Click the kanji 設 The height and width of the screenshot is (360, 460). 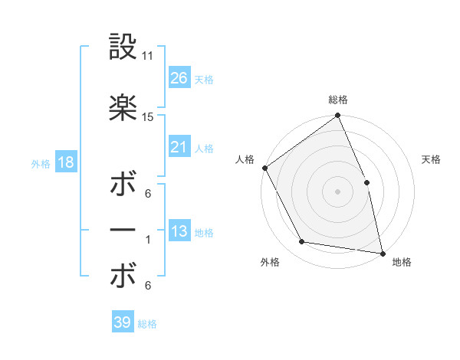click(x=123, y=47)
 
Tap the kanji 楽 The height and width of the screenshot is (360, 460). click(x=123, y=108)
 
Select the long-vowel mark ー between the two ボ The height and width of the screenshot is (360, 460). click(x=123, y=230)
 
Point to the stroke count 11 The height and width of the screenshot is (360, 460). click(x=148, y=57)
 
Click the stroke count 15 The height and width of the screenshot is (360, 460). click(x=148, y=117)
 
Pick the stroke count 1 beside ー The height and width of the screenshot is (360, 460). click(x=148, y=240)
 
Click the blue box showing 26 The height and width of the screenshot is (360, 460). click(x=179, y=77)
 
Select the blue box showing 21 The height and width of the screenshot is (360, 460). click(x=179, y=147)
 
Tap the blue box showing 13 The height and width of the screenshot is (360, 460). click(x=179, y=231)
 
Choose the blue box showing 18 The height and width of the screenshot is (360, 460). click(x=65, y=162)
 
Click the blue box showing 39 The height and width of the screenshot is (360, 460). click(x=122, y=322)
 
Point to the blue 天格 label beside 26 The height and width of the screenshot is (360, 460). click(x=204, y=79)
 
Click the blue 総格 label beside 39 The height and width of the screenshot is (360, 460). click(x=147, y=324)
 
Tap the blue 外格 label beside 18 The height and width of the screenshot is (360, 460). click(x=41, y=163)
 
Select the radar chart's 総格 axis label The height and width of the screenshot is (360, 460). click(x=338, y=100)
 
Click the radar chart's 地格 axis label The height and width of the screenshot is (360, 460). click(x=402, y=263)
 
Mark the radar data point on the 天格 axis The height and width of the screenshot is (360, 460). click(x=366, y=182)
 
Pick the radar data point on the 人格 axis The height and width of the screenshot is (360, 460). click(x=264, y=168)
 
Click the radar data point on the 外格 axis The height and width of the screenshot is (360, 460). click(x=302, y=242)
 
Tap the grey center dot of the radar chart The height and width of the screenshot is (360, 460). click(x=337, y=191)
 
